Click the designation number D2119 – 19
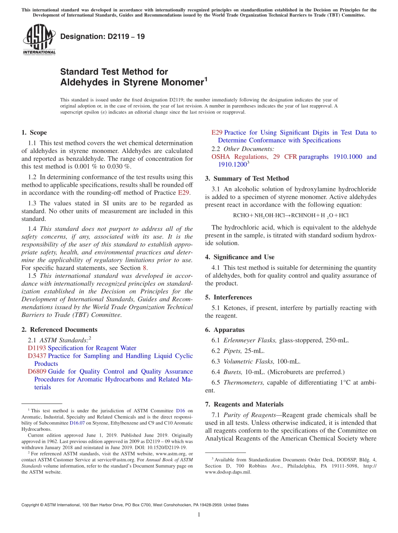tap(103, 36)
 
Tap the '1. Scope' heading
tap(34, 132)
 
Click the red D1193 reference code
tap(37, 348)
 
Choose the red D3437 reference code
tap(37, 356)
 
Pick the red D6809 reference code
tap(37, 371)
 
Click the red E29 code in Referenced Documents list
tap(217, 132)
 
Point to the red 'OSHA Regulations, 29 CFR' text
tap(254, 157)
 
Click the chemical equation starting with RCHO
tap(290, 215)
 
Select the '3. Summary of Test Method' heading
tap(247, 179)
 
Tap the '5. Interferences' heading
tap(228, 297)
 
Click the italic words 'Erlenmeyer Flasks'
tap(250, 340)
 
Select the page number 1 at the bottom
tap(199, 515)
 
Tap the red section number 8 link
tap(145, 268)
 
